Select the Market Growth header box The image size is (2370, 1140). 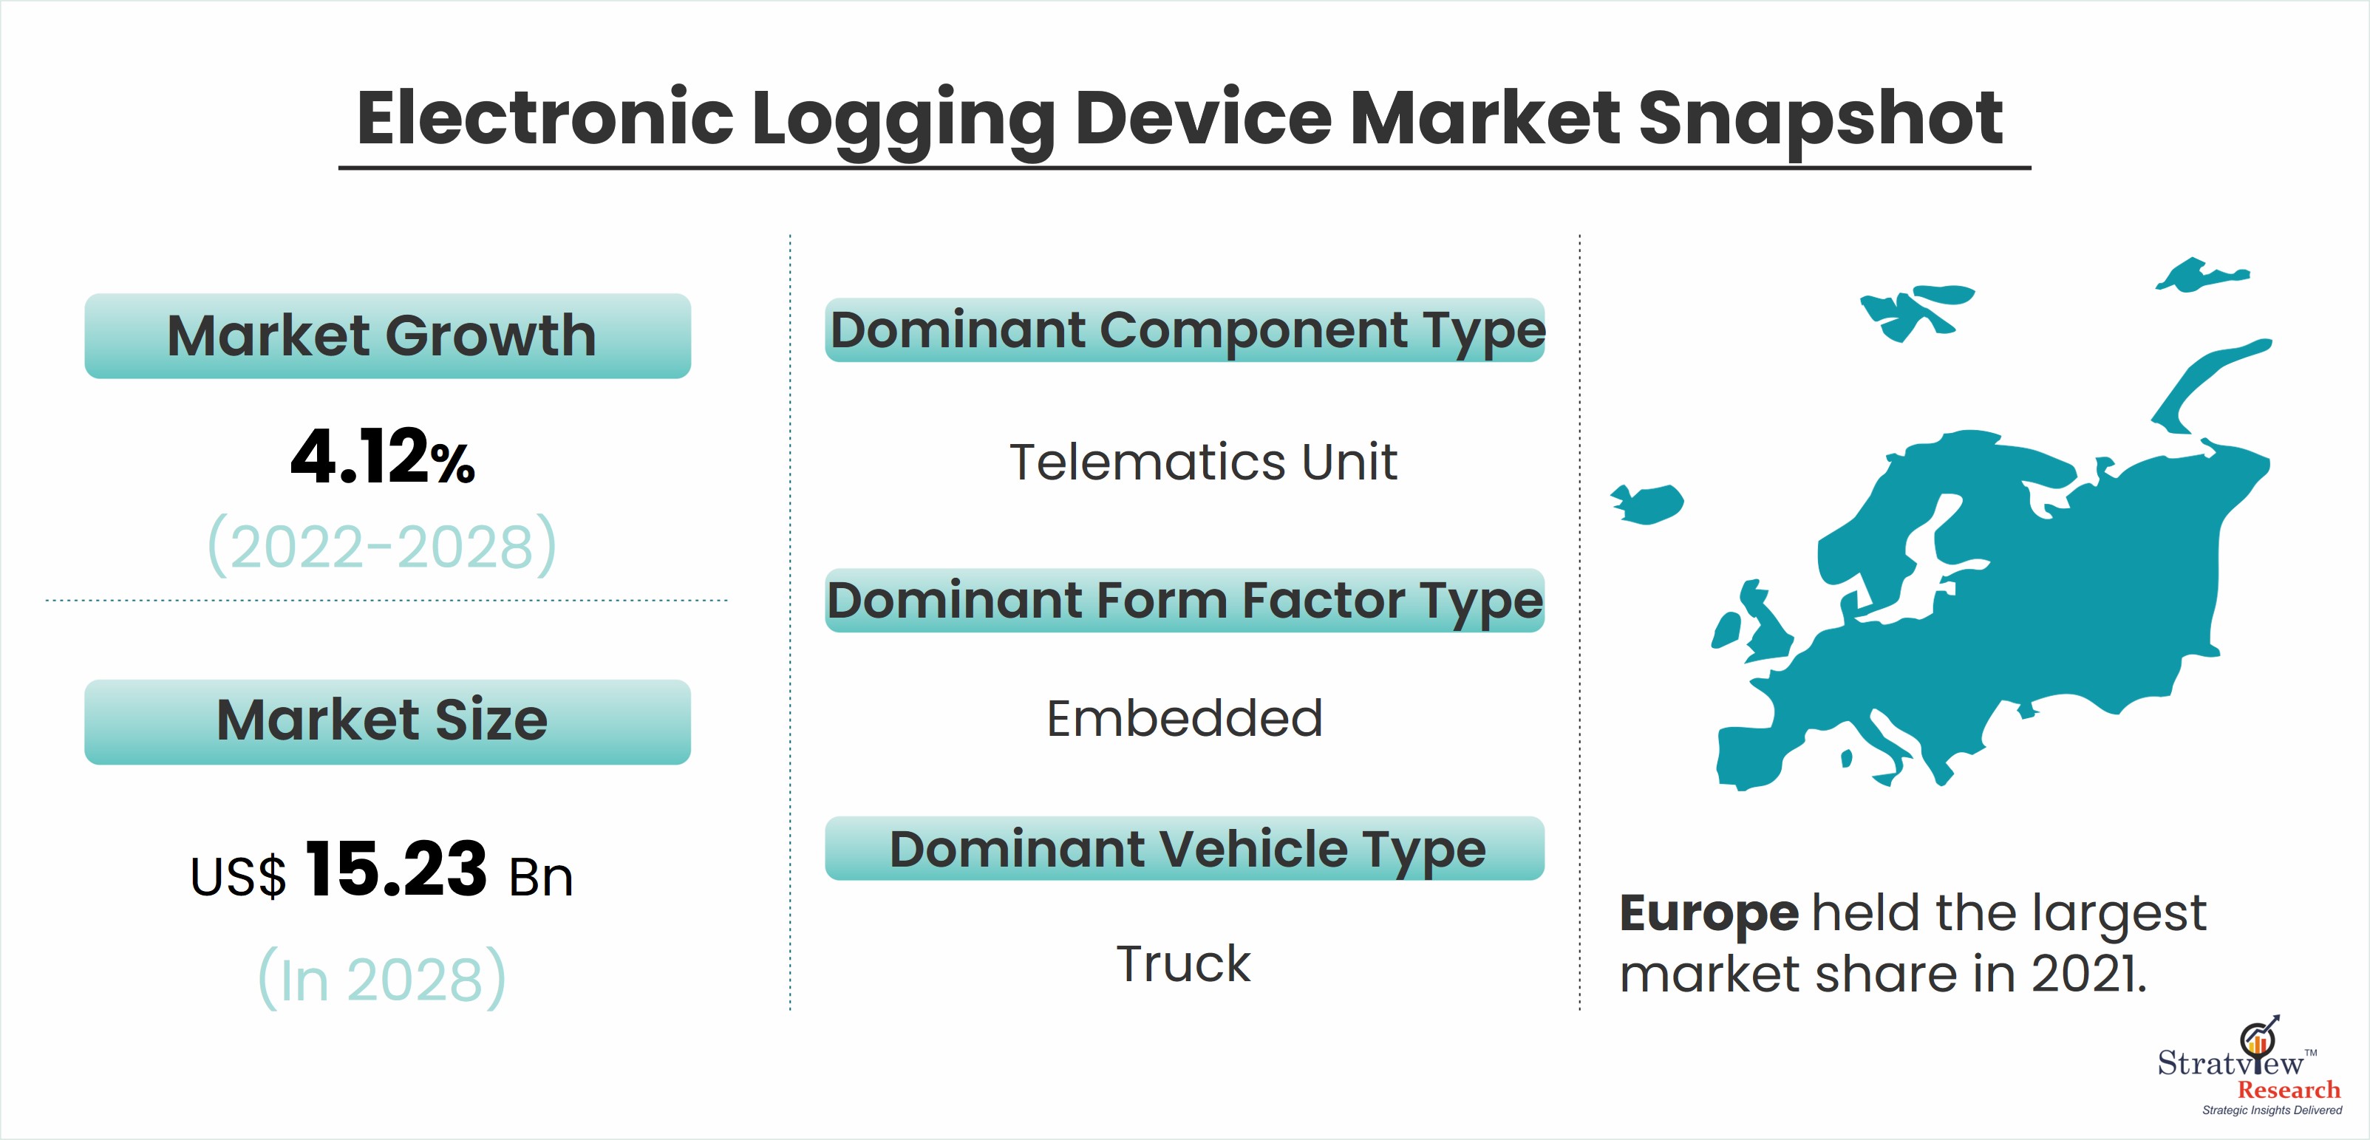[x=387, y=336]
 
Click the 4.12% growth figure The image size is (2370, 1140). [x=383, y=457]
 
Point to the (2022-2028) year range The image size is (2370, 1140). [x=383, y=545]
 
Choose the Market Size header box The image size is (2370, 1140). [x=387, y=721]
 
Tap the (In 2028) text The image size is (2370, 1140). [x=382, y=977]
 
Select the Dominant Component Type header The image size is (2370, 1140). [x=1185, y=330]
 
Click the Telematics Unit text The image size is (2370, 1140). [x=1203, y=462]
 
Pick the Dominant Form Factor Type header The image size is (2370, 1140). [x=1185, y=601]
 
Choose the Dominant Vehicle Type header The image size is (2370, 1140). [x=1185, y=848]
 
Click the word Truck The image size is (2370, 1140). [x=1183, y=963]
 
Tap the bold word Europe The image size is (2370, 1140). [x=1709, y=915]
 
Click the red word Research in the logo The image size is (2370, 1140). [x=2288, y=1090]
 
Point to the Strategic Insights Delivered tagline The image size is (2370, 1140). [x=2272, y=1110]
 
